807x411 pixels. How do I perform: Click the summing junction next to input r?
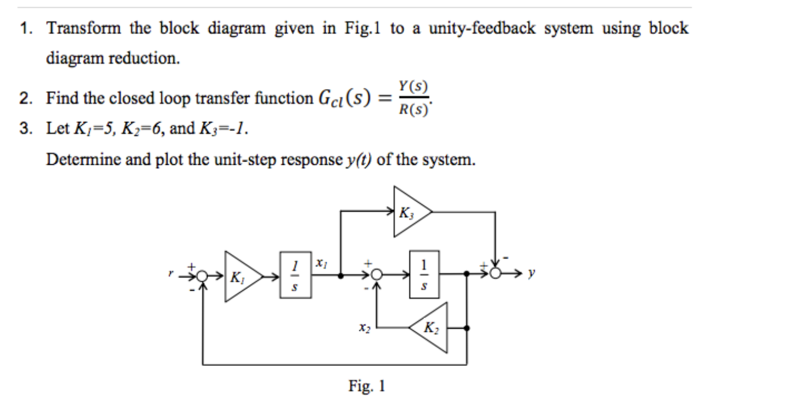pos(203,276)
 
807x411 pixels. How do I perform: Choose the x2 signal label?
pos(363,327)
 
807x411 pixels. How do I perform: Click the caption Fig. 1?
pos(367,386)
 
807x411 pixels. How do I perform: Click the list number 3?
pos(26,130)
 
